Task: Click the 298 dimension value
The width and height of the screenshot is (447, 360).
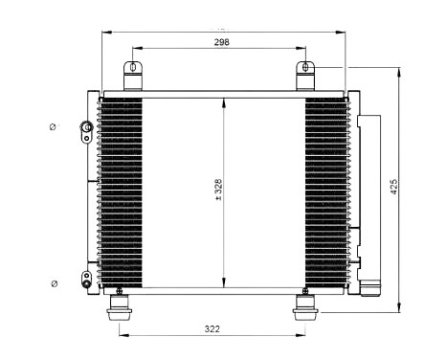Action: tap(221, 43)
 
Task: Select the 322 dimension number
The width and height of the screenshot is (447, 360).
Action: tap(212, 329)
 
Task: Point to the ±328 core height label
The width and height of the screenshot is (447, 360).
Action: tap(219, 190)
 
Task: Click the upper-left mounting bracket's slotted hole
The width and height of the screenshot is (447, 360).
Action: tap(131, 69)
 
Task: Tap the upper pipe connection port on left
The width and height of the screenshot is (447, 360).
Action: tap(86, 126)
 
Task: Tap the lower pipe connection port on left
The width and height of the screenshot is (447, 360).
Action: tap(86, 280)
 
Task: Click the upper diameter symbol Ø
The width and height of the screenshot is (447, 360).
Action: tap(54, 126)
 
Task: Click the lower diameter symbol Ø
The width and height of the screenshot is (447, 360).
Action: tap(54, 283)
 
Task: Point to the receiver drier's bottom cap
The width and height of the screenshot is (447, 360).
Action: tap(371, 287)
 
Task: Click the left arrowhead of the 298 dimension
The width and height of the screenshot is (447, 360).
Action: tap(135, 49)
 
